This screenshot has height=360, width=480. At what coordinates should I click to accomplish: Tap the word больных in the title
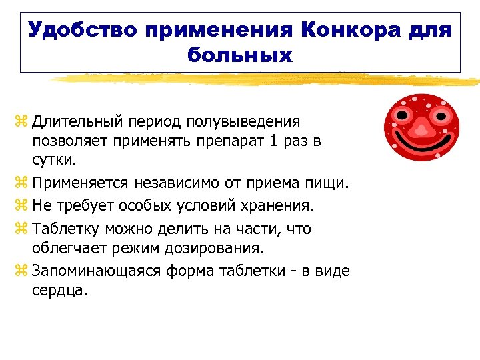241,54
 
